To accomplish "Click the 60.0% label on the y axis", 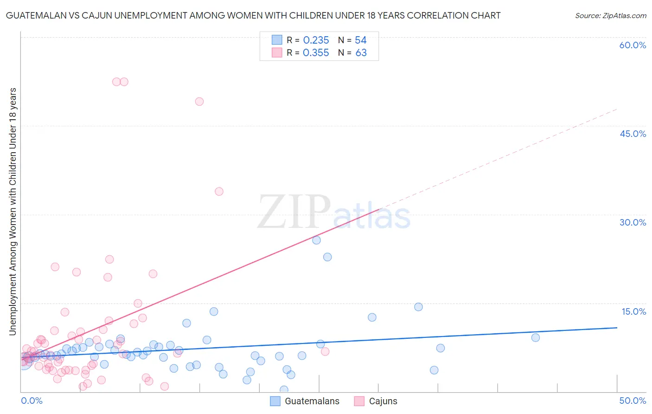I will (633, 45).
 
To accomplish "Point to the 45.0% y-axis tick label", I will (633, 134).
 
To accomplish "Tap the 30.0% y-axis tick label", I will (633, 222).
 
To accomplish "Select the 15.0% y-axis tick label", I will (633, 311).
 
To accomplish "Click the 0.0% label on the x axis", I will (32, 401).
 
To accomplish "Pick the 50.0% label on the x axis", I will (633, 401).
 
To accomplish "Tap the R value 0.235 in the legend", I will (316, 40).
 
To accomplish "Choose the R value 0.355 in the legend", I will (316, 53).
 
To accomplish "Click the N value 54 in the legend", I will (361, 40).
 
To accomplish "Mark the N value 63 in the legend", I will (361, 53).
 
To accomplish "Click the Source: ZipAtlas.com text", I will (610, 16).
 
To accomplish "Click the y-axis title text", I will (13, 211).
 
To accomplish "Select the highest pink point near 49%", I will (199, 102).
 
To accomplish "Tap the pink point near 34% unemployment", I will (219, 191).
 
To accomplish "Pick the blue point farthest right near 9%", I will (536, 337).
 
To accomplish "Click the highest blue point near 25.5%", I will (317, 240).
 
